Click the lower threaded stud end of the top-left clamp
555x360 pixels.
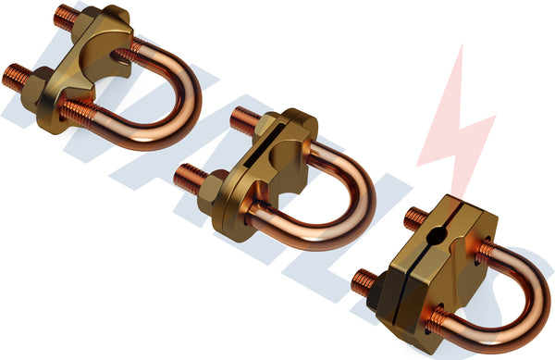click(x=13, y=76)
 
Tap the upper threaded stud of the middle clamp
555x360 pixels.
click(x=243, y=118)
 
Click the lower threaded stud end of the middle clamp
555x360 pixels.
click(x=189, y=173)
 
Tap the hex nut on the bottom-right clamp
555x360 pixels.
click(x=379, y=292)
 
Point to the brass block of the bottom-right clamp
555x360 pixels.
click(x=444, y=268)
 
